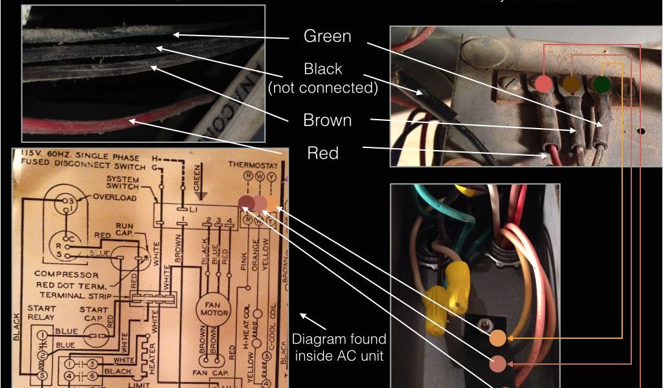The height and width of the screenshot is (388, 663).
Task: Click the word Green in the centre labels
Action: pyautogui.click(x=327, y=36)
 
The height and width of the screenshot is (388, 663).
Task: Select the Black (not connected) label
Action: pyautogui.click(x=322, y=78)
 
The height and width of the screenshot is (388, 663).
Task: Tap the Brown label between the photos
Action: pyautogui.click(x=327, y=120)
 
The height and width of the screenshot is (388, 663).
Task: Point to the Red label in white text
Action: pyautogui.click(x=322, y=153)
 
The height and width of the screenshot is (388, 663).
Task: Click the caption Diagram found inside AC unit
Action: pyautogui.click(x=339, y=347)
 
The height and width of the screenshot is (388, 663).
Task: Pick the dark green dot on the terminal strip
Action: pyautogui.click(x=601, y=84)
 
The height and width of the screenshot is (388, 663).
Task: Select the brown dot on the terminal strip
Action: pyautogui.click(x=571, y=84)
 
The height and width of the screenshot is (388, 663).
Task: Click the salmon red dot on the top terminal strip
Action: pyautogui.click(x=544, y=84)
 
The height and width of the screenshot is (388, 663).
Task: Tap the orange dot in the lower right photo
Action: pyautogui.click(x=497, y=338)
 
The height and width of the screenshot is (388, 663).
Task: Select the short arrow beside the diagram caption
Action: pyautogui.click(x=306, y=318)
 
